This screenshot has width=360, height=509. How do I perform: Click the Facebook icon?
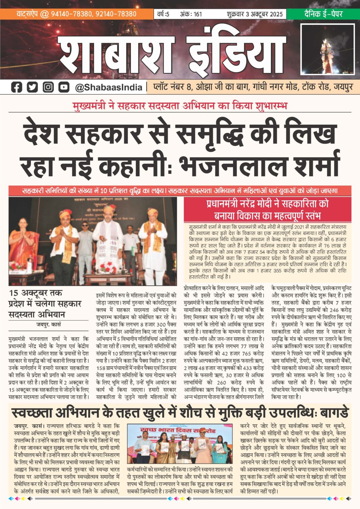coord(17,87)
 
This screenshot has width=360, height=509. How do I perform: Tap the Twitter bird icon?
coord(32,87)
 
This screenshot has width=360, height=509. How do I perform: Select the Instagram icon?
coord(48,87)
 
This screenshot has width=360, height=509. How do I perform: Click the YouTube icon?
coord(64,87)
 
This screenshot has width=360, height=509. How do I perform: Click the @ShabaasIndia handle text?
coord(109,88)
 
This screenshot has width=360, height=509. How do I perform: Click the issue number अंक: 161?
coord(191,14)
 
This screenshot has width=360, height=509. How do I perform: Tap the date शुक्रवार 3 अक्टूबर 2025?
coord(254,14)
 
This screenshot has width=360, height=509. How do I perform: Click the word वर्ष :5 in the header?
coord(163,14)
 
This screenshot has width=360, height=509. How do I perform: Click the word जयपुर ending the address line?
coord(343,87)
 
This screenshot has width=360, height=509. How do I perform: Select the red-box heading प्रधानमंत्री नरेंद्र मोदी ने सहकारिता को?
coord(267,204)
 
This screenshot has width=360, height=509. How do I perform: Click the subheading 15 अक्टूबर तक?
coord(36,293)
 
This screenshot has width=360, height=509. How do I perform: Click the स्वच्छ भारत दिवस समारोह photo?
coord(180,444)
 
